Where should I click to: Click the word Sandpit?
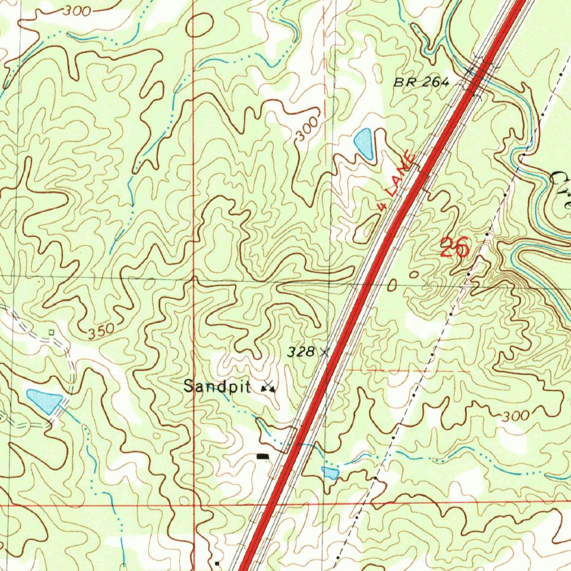(x=217, y=386)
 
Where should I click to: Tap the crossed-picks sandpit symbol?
(x=269, y=386)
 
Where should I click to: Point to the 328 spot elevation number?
(x=300, y=352)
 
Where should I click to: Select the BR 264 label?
(x=421, y=82)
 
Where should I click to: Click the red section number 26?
(x=454, y=247)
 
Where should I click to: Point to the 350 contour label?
(x=101, y=332)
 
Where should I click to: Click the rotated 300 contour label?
(x=307, y=129)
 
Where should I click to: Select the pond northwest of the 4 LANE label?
(x=364, y=144)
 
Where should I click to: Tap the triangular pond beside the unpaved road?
(x=45, y=401)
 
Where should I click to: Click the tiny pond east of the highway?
(x=330, y=473)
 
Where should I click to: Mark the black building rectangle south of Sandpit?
(x=262, y=457)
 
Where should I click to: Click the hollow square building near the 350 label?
(x=51, y=332)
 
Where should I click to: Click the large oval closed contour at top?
(x=199, y=25)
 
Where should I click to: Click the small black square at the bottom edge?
(x=217, y=564)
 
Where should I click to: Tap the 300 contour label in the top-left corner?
(x=78, y=11)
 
